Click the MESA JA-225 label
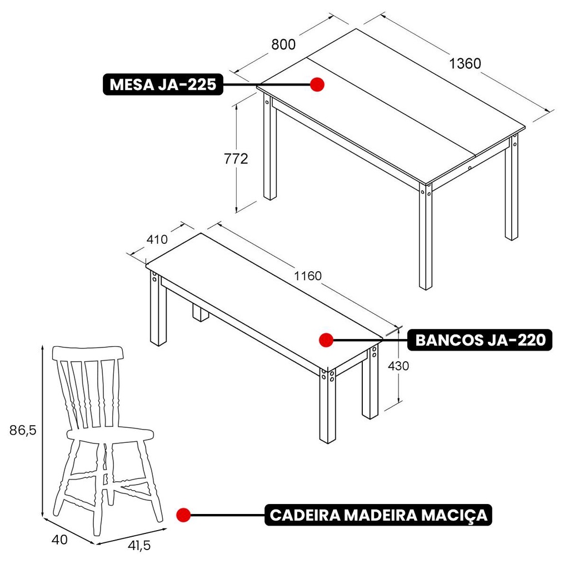163,84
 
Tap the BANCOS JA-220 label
480,340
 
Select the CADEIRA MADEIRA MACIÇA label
378,515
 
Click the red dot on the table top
317,84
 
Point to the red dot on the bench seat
326,340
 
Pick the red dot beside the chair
183,515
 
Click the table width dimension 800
283,44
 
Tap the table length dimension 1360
465,63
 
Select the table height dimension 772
236,159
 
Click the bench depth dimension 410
157,239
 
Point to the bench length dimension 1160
308,276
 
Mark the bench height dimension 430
398,366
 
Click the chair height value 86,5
23,431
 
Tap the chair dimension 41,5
139,546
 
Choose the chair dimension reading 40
59,540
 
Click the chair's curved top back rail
88,353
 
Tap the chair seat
110,434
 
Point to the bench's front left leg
158,308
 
